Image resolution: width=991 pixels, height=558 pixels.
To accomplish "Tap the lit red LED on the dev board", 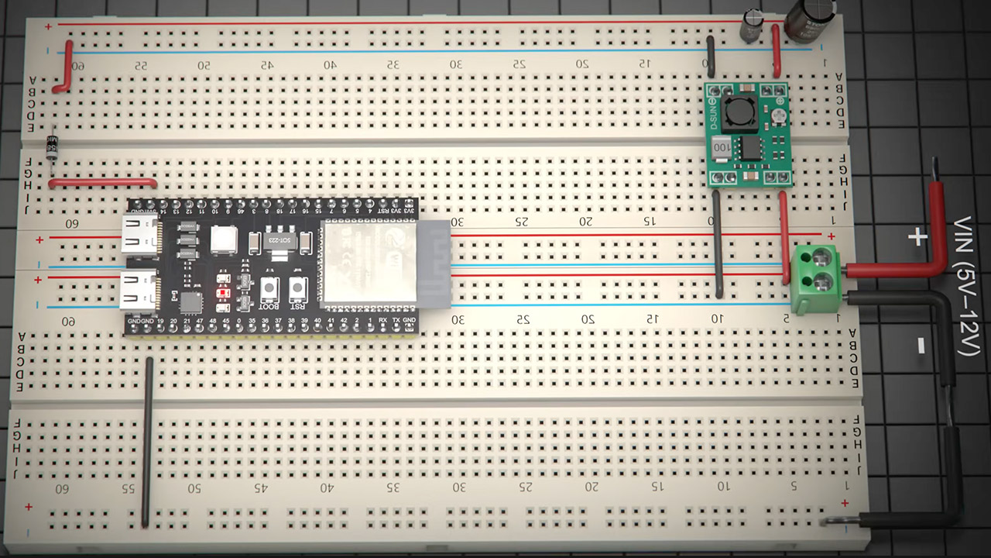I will [225, 294].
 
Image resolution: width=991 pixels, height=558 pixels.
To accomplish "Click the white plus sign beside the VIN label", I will [917, 237].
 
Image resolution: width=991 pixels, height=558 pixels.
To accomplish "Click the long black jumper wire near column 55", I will [146, 442].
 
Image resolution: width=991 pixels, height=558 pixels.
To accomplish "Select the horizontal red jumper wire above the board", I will [102, 184].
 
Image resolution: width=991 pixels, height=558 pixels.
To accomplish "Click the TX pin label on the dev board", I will [396, 320].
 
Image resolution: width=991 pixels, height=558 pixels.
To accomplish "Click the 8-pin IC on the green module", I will [749, 147].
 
